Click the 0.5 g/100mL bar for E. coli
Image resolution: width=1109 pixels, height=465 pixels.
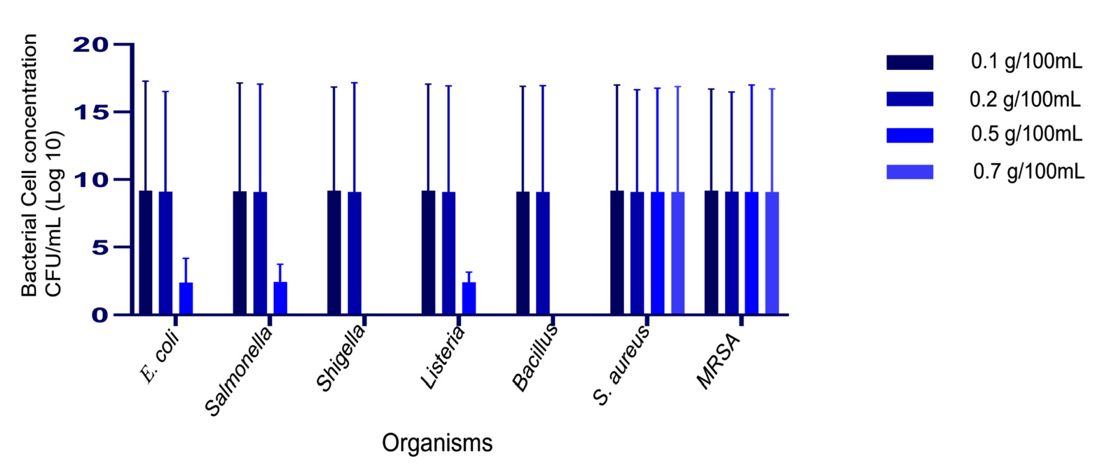tap(186, 298)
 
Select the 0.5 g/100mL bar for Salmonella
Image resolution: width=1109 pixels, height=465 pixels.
tap(280, 298)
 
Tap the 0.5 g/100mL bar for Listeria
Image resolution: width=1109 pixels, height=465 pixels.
tap(468, 298)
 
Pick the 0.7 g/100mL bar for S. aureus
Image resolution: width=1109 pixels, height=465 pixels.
tap(677, 253)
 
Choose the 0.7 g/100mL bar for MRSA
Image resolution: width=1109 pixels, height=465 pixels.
tap(772, 253)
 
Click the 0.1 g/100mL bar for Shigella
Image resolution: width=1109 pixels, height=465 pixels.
tap(334, 253)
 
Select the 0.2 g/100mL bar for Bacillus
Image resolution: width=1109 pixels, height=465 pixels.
tap(543, 253)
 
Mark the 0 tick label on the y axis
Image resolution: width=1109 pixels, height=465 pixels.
tap(100, 315)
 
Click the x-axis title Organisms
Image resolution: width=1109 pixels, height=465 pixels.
tap(437, 443)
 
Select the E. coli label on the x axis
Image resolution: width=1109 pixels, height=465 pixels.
tap(160, 359)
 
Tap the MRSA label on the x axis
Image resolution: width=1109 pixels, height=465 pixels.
tap(718, 362)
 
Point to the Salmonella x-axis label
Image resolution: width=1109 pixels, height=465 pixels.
tap(239, 372)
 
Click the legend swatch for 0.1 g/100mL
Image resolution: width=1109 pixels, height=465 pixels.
tap(910, 62)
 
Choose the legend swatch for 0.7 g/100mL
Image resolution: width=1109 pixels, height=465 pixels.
tap(910, 172)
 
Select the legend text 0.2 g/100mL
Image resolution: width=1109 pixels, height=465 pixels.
tap(1025, 99)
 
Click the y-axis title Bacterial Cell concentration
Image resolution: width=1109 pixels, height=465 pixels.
tap(29, 165)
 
